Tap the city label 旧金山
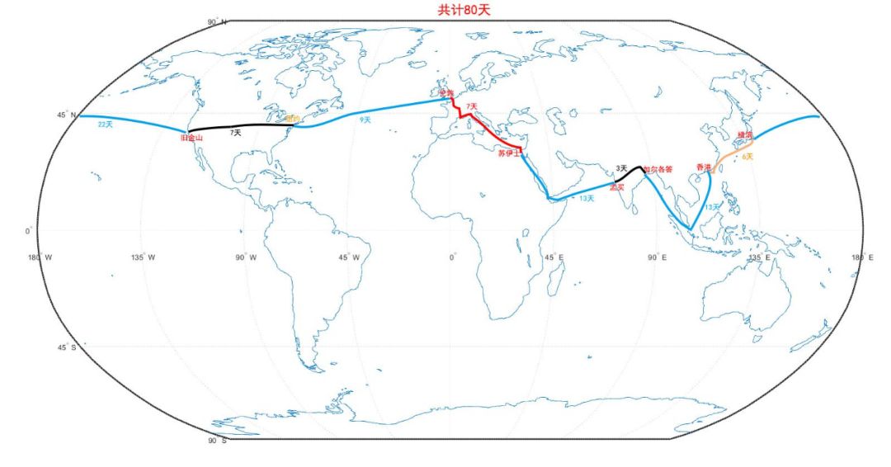191,138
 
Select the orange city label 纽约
292,119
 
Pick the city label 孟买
616,187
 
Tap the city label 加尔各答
658,169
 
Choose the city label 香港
703,167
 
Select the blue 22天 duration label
105,125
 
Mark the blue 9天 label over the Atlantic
365,120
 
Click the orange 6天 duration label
747,156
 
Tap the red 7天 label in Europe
471,107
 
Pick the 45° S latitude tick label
66,347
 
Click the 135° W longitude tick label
143,257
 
